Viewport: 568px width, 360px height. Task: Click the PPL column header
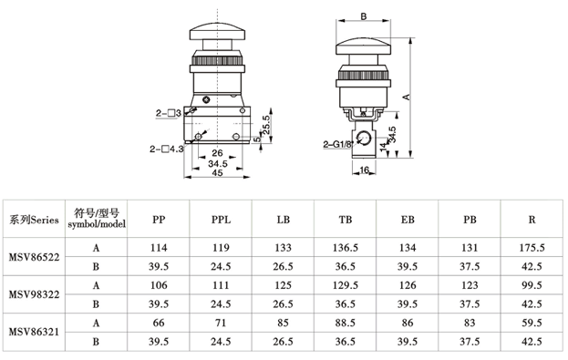(221, 220)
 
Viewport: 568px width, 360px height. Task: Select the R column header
(532, 220)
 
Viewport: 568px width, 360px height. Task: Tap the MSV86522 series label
(34, 257)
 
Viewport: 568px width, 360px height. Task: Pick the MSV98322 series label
(34, 294)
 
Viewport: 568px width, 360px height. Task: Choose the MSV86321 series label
(34, 332)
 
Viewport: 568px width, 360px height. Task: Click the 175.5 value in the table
(532, 248)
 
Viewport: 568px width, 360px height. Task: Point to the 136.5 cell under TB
(346, 248)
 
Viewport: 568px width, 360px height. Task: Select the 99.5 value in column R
(532, 285)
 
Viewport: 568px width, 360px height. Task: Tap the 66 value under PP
(159, 323)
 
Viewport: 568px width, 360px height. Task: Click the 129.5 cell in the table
(346, 285)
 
